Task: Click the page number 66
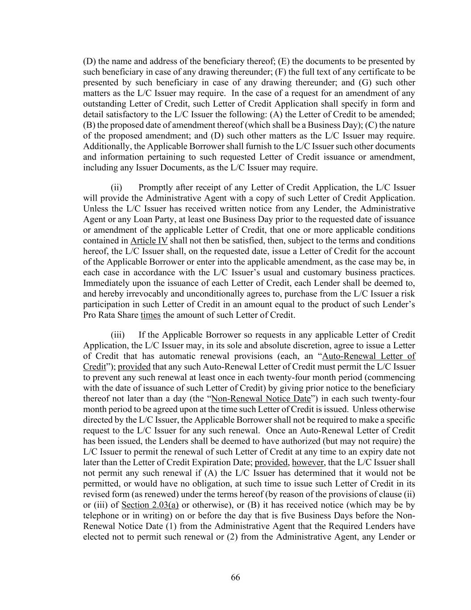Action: [x=235, y=577]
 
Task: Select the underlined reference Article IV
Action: [x=149, y=241]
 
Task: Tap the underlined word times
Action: [x=150, y=316]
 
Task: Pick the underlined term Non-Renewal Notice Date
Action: [x=261, y=399]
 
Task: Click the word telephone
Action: [x=100, y=516]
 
